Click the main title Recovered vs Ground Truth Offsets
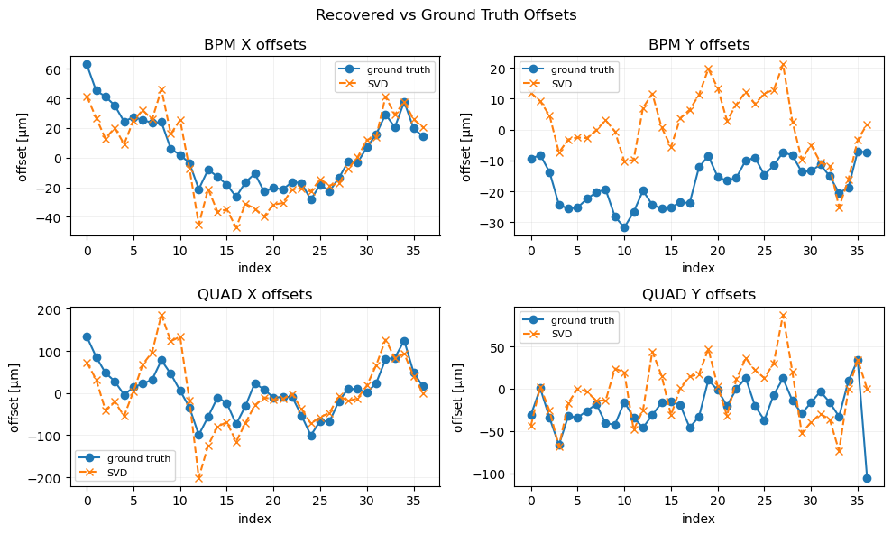pyautogui.click(x=446, y=14)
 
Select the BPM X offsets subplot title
pyautogui.click(x=255, y=45)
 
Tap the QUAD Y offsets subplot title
pyautogui.click(x=699, y=295)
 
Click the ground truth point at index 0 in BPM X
pyautogui.click(x=87, y=64)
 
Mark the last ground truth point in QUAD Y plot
pyautogui.click(x=867, y=478)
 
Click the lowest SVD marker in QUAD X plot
pyautogui.click(x=198, y=477)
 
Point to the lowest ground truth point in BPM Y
pyautogui.click(x=624, y=227)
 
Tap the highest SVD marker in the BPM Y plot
pyautogui.click(x=783, y=65)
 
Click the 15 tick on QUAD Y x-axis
pyautogui.click(x=671, y=502)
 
